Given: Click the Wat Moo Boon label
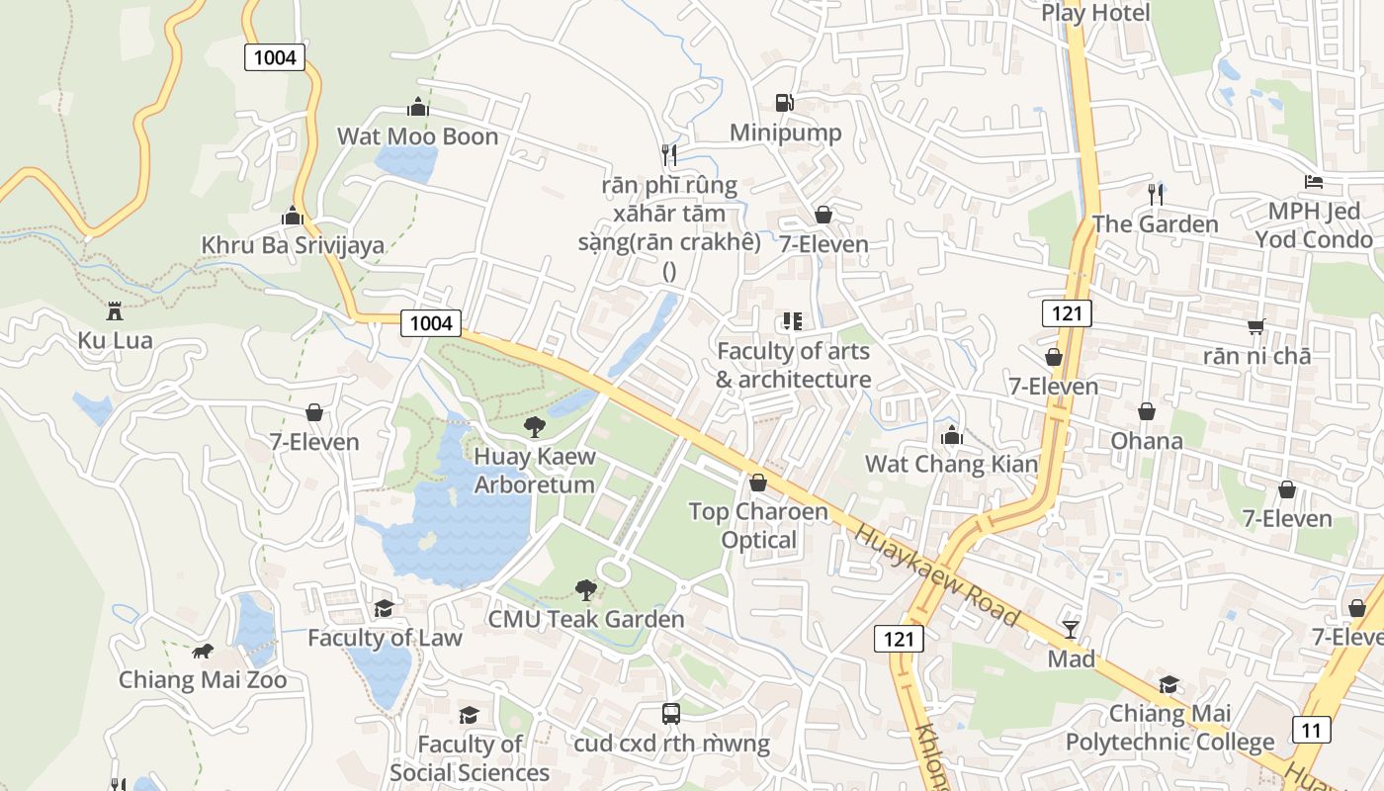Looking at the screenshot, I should click(417, 135).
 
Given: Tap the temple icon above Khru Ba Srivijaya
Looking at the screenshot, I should click(292, 215).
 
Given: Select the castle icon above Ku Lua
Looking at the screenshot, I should click(115, 311).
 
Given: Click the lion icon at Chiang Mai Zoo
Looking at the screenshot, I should click(203, 651).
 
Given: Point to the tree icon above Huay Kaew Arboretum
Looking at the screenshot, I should click(534, 427).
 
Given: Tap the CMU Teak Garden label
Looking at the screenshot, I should click(585, 619).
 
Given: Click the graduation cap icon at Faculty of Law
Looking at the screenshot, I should click(384, 608).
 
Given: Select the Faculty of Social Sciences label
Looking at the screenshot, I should click(470, 757).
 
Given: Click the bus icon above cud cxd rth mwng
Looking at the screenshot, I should click(670, 713).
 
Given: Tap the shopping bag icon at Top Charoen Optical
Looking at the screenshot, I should click(758, 483).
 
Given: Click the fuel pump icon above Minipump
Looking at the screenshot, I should click(784, 102).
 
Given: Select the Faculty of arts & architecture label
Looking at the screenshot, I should click(793, 365).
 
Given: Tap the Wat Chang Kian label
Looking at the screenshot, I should click(951, 464).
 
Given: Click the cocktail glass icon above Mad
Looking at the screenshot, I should click(1070, 628).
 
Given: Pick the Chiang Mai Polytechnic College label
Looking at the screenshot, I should click(1169, 728).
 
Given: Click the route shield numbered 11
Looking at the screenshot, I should click(1311, 731).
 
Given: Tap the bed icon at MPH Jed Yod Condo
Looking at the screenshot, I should click(1313, 181).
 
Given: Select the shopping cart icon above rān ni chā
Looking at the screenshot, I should click(1255, 325).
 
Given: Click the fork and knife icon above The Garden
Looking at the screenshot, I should click(1154, 193).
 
